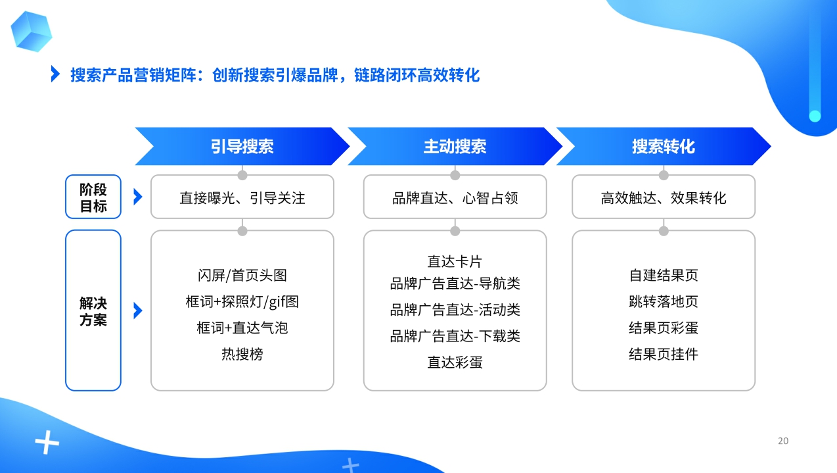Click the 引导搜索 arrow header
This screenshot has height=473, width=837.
pyautogui.click(x=242, y=146)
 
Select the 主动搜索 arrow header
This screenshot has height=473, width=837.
pyautogui.click(x=455, y=146)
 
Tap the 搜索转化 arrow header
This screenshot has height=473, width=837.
pyautogui.click(x=663, y=146)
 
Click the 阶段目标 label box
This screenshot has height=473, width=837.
pyautogui.click(x=93, y=197)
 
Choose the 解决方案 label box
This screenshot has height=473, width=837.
pyautogui.click(x=93, y=311)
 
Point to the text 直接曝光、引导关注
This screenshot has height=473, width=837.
pyautogui.click(x=242, y=198)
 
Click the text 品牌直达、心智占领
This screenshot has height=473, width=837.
pyautogui.click(x=455, y=198)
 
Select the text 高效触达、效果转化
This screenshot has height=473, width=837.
pyautogui.click(x=664, y=198)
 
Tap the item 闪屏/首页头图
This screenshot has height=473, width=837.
pyautogui.click(x=242, y=275)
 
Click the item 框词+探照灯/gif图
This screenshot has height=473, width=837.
pyautogui.click(x=242, y=302)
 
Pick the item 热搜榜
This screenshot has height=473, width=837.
pyautogui.click(x=242, y=354)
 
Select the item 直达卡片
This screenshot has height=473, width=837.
pyautogui.click(x=455, y=261)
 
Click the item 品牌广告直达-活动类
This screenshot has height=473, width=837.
pyautogui.click(x=455, y=310)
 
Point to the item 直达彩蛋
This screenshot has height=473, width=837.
pyautogui.click(x=455, y=362)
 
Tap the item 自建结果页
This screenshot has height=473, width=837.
pyautogui.click(x=664, y=275)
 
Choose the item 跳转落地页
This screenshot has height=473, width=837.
pyautogui.click(x=664, y=301)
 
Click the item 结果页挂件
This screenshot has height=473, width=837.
pyautogui.click(x=664, y=354)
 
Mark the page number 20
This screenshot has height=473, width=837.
pyautogui.click(x=783, y=441)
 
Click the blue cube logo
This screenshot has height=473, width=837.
pyautogui.click(x=31, y=31)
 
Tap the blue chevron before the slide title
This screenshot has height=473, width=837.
pyautogui.click(x=55, y=74)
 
